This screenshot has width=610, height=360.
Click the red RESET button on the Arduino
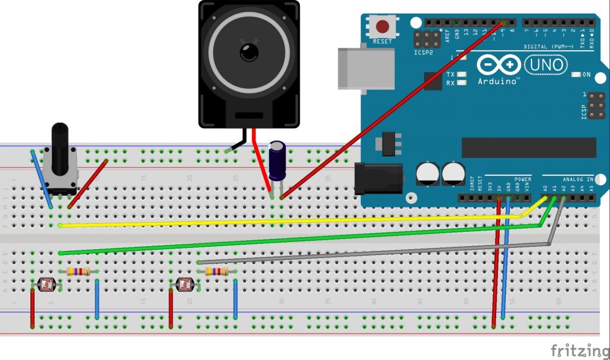tap(382, 27)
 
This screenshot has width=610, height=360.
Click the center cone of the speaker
tap(249, 52)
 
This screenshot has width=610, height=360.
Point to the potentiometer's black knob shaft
tap(60, 146)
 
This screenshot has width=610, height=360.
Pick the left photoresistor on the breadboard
tap(46, 285)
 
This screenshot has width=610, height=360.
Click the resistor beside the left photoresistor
tap(79, 272)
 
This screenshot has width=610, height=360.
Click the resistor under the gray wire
tap(216, 272)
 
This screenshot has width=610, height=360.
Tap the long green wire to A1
tap(298, 240)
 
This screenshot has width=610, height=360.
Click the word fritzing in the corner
tap(574, 349)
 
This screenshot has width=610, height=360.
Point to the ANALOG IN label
tap(577, 179)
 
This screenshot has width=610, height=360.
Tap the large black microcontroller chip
tap(529, 147)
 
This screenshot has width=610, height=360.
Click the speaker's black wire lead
tap(238, 143)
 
